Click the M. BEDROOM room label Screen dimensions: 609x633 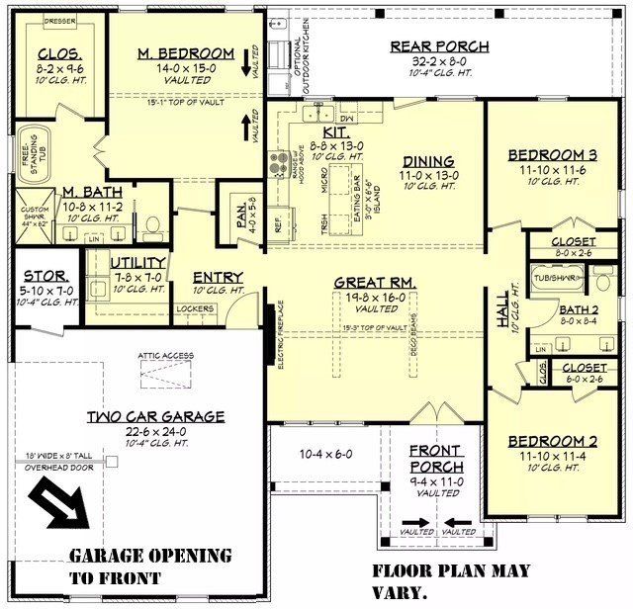pyautogui.click(x=186, y=53)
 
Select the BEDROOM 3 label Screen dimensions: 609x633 pyautogui.click(x=552, y=154)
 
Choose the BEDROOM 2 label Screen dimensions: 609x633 pyautogui.click(x=552, y=441)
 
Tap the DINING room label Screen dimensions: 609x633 pyautogui.click(x=428, y=161)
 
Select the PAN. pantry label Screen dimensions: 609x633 pyautogui.click(x=241, y=217)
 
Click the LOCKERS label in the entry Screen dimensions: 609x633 pyautogui.click(x=195, y=308)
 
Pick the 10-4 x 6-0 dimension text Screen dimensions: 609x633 pyautogui.click(x=325, y=455)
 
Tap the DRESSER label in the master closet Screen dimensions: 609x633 pyautogui.click(x=59, y=19)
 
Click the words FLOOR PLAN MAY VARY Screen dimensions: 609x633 pyautogui.click(x=450, y=582)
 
